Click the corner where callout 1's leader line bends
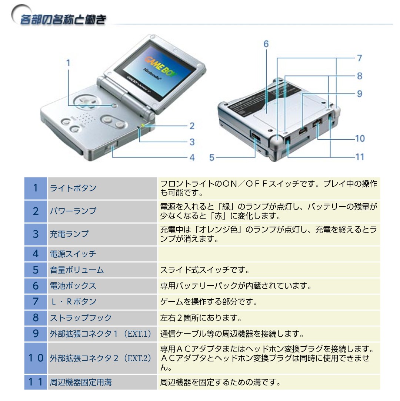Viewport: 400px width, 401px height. (x=68, y=105)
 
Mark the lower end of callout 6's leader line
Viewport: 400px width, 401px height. (x=266, y=113)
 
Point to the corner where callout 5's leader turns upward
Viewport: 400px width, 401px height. (x=255, y=157)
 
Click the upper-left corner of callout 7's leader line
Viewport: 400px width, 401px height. (x=277, y=58)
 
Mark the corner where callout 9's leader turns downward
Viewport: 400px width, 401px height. (x=302, y=94)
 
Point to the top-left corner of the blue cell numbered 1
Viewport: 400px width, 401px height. (x=24, y=177)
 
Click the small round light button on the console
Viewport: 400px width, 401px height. (x=114, y=105)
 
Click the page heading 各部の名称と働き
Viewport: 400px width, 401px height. (x=63, y=20)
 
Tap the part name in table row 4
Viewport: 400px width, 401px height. (x=73, y=254)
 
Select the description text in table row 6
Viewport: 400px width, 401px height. (x=236, y=286)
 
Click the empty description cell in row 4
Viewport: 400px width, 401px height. (x=269, y=254)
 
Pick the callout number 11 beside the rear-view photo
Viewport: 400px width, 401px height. (x=360, y=157)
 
